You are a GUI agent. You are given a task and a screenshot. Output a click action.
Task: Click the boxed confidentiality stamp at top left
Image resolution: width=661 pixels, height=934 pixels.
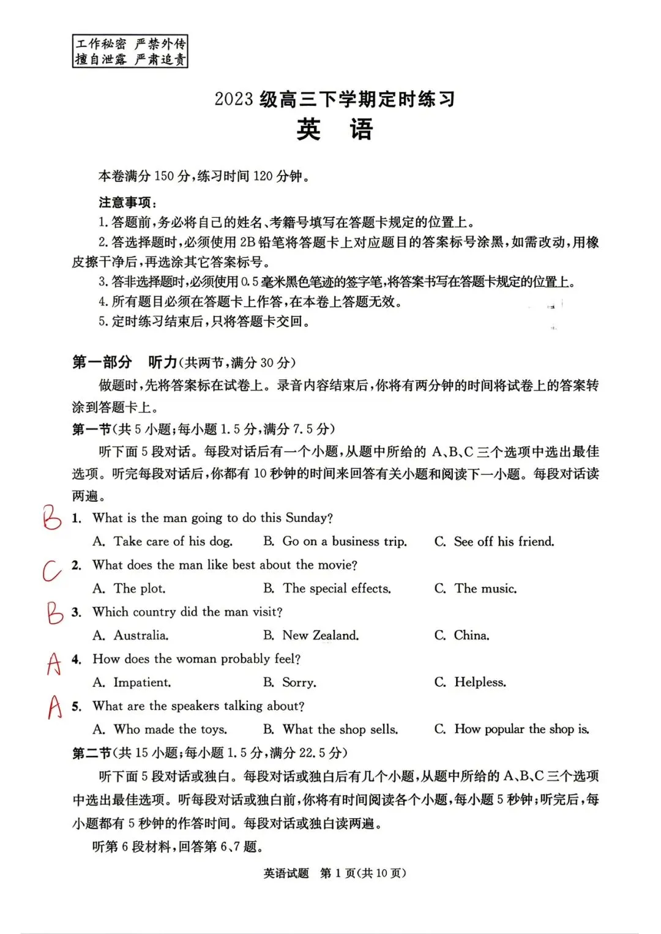click(x=130, y=51)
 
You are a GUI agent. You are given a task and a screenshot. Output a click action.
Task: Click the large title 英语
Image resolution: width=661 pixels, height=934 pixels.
click(x=334, y=130)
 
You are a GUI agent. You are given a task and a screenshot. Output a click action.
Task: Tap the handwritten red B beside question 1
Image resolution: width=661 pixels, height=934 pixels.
click(x=52, y=518)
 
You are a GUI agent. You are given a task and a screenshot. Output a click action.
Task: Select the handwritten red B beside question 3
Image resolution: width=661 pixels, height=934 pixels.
click(x=55, y=612)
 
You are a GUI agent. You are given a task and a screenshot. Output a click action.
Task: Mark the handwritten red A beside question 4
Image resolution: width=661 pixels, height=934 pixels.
click(x=54, y=663)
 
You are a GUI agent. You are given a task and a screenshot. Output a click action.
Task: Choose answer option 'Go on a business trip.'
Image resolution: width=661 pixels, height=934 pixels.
click(x=344, y=542)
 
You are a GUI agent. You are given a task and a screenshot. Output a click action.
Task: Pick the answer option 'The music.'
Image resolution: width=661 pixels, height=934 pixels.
click(x=485, y=589)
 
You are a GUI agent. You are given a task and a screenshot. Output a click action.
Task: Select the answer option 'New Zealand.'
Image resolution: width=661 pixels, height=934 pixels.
click(x=320, y=636)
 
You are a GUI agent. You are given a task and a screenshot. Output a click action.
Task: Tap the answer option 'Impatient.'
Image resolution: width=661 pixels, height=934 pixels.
click(x=142, y=682)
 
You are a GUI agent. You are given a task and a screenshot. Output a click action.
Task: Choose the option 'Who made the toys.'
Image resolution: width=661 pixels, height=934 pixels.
click(x=170, y=730)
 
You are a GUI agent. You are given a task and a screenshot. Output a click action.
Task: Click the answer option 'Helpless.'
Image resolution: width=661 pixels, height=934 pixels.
click(x=480, y=682)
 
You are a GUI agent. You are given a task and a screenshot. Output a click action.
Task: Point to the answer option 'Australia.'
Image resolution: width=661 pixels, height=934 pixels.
click(x=141, y=636)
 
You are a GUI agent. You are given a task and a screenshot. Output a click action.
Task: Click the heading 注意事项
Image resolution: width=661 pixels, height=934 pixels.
click(x=127, y=203)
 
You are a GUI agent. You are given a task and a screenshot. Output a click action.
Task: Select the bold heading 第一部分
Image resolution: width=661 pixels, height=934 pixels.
click(x=102, y=362)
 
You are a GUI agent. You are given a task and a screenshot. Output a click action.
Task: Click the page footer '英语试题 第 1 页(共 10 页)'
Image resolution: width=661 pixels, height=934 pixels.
click(x=334, y=873)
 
